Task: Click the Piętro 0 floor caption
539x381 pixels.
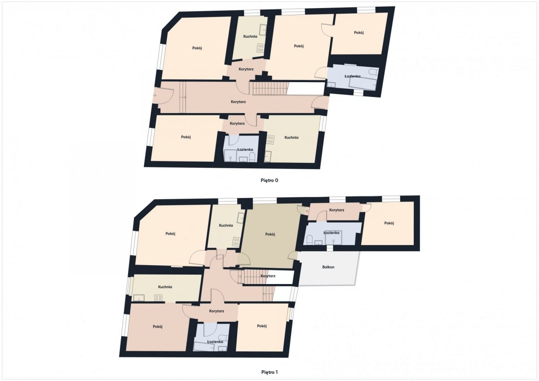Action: [x=269, y=180]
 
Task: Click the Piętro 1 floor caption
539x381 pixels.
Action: [x=269, y=372]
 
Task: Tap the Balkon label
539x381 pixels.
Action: [x=328, y=267]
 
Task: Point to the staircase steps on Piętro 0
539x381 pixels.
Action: [x=270, y=88]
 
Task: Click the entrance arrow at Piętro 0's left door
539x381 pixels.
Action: [x=154, y=96]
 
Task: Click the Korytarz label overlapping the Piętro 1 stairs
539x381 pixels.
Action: [x=268, y=276]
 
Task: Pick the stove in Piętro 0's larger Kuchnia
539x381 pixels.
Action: [x=270, y=140]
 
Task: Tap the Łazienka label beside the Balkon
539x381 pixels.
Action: [x=331, y=233]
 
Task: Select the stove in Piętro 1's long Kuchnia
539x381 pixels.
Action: [x=158, y=298]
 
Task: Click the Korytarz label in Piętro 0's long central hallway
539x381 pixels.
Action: [x=238, y=102]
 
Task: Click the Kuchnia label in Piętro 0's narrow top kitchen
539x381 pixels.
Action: [x=250, y=36]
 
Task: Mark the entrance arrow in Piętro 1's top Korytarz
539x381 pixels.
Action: [x=307, y=211]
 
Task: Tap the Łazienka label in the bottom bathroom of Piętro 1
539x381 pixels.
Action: [x=215, y=342]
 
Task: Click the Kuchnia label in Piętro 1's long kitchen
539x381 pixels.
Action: [x=165, y=287]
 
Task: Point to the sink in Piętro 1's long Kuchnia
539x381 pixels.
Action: [x=139, y=298]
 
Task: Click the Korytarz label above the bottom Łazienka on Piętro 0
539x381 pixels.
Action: [x=237, y=123]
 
